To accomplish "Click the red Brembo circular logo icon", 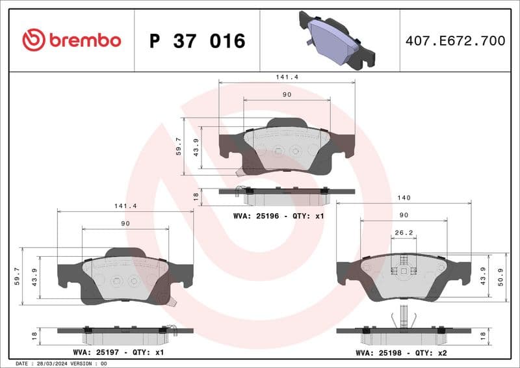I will (x=33, y=40).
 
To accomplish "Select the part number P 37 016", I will (x=197, y=41).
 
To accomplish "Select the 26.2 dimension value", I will (x=404, y=232).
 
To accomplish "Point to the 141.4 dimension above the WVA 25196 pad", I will (x=287, y=76).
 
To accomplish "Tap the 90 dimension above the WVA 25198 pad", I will (x=404, y=215).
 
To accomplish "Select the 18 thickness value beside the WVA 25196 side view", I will (x=195, y=194).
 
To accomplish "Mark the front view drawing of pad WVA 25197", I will (x=125, y=276).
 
